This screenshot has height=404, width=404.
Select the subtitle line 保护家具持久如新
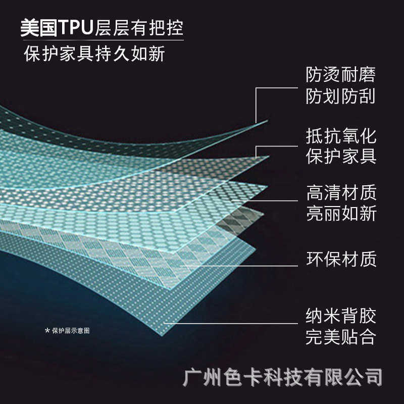click(94, 54)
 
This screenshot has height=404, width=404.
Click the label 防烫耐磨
click(341, 76)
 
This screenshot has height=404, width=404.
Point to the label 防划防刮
click(341, 96)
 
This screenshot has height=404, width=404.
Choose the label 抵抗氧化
click(341, 136)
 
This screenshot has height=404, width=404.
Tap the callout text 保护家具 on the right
click(341, 157)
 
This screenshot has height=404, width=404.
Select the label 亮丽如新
click(341, 213)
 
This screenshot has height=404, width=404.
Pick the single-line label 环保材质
click(341, 260)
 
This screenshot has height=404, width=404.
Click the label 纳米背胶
click(341, 316)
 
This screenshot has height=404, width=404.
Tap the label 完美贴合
click(341, 336)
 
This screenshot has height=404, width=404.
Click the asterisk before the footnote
click(47, 331)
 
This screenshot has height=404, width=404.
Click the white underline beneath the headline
click(101, 40)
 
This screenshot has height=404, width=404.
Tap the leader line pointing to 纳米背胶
click(232, 323)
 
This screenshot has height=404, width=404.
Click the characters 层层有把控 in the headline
click(138, 28)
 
